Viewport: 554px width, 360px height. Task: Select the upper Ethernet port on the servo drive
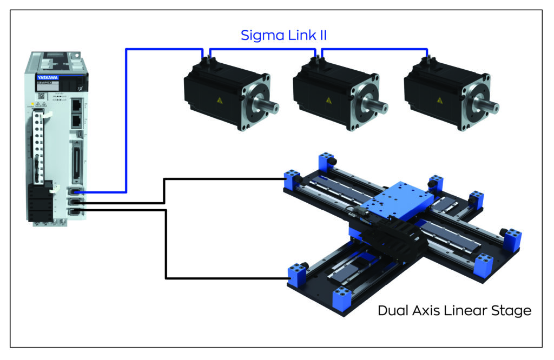coord(77,104)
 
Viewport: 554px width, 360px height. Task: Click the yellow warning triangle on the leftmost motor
coord(219,101)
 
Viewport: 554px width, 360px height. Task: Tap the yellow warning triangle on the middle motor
coord(328,101)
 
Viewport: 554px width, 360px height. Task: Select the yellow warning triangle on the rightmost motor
coord(439,101)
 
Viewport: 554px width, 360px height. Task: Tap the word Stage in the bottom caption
coord(512,312)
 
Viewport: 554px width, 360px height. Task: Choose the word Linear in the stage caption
coord(467,311)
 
